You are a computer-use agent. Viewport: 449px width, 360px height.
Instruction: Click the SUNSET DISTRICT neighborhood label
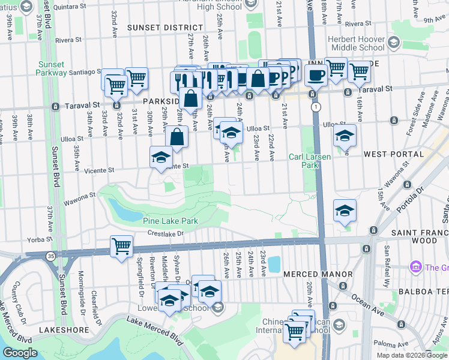click(165, 28)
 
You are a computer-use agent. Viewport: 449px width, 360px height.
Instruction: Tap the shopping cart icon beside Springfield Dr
click(121, 246)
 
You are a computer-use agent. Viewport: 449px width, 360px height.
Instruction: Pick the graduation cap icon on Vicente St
click(160, 157)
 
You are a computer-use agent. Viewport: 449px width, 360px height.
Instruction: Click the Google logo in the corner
click(20, 352)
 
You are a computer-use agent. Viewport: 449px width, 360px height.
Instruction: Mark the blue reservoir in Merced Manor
click(274, 263)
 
